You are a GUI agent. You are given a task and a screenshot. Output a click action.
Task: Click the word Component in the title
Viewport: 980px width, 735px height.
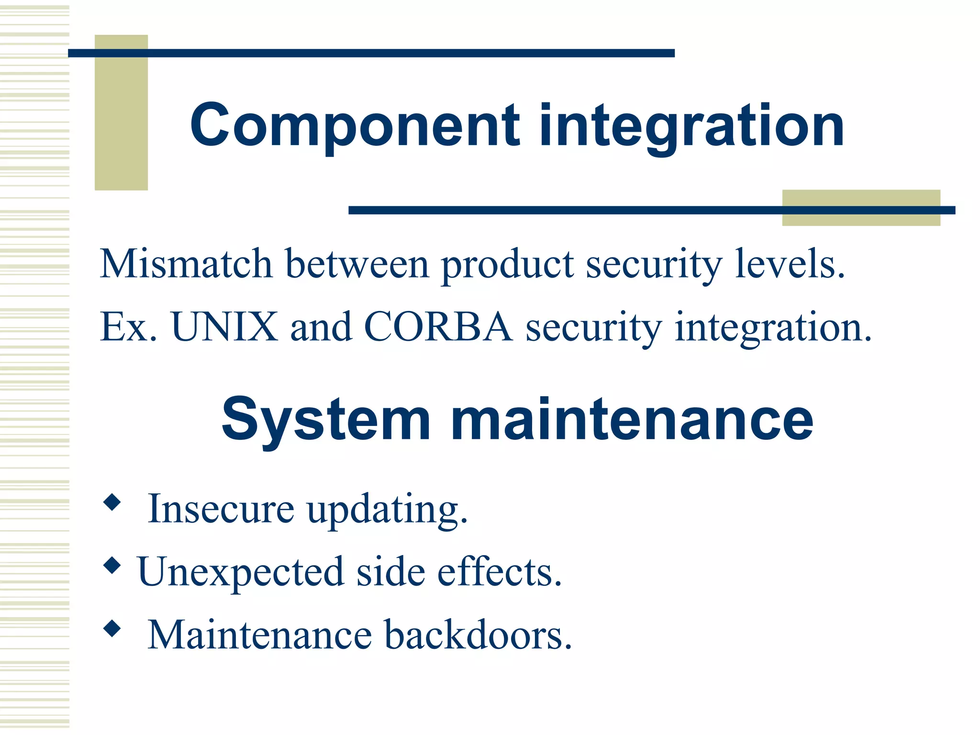point(355,125)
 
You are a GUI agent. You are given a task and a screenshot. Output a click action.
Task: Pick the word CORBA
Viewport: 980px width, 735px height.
point(438,326)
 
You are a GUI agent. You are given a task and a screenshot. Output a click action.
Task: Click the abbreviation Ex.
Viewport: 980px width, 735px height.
point(128,326)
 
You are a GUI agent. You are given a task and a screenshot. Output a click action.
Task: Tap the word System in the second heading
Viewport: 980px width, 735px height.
point(326,420)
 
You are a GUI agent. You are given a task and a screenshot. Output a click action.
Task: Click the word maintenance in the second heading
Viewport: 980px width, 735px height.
point(632,420)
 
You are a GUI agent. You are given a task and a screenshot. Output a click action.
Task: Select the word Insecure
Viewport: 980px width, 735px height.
point(221,508)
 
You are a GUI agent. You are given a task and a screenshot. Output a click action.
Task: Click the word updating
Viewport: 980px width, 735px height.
point(387,510)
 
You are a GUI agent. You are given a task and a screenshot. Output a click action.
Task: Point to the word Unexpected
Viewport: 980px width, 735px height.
point(241,571)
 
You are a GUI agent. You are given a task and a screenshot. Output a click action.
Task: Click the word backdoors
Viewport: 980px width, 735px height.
point(479,635)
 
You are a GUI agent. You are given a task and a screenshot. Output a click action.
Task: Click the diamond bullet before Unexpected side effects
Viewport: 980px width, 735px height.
point(112,566)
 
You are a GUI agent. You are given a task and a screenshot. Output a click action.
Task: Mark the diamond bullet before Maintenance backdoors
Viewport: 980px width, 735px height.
point(112,629)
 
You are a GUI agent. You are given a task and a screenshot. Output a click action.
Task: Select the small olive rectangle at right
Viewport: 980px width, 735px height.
point(861,208)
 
